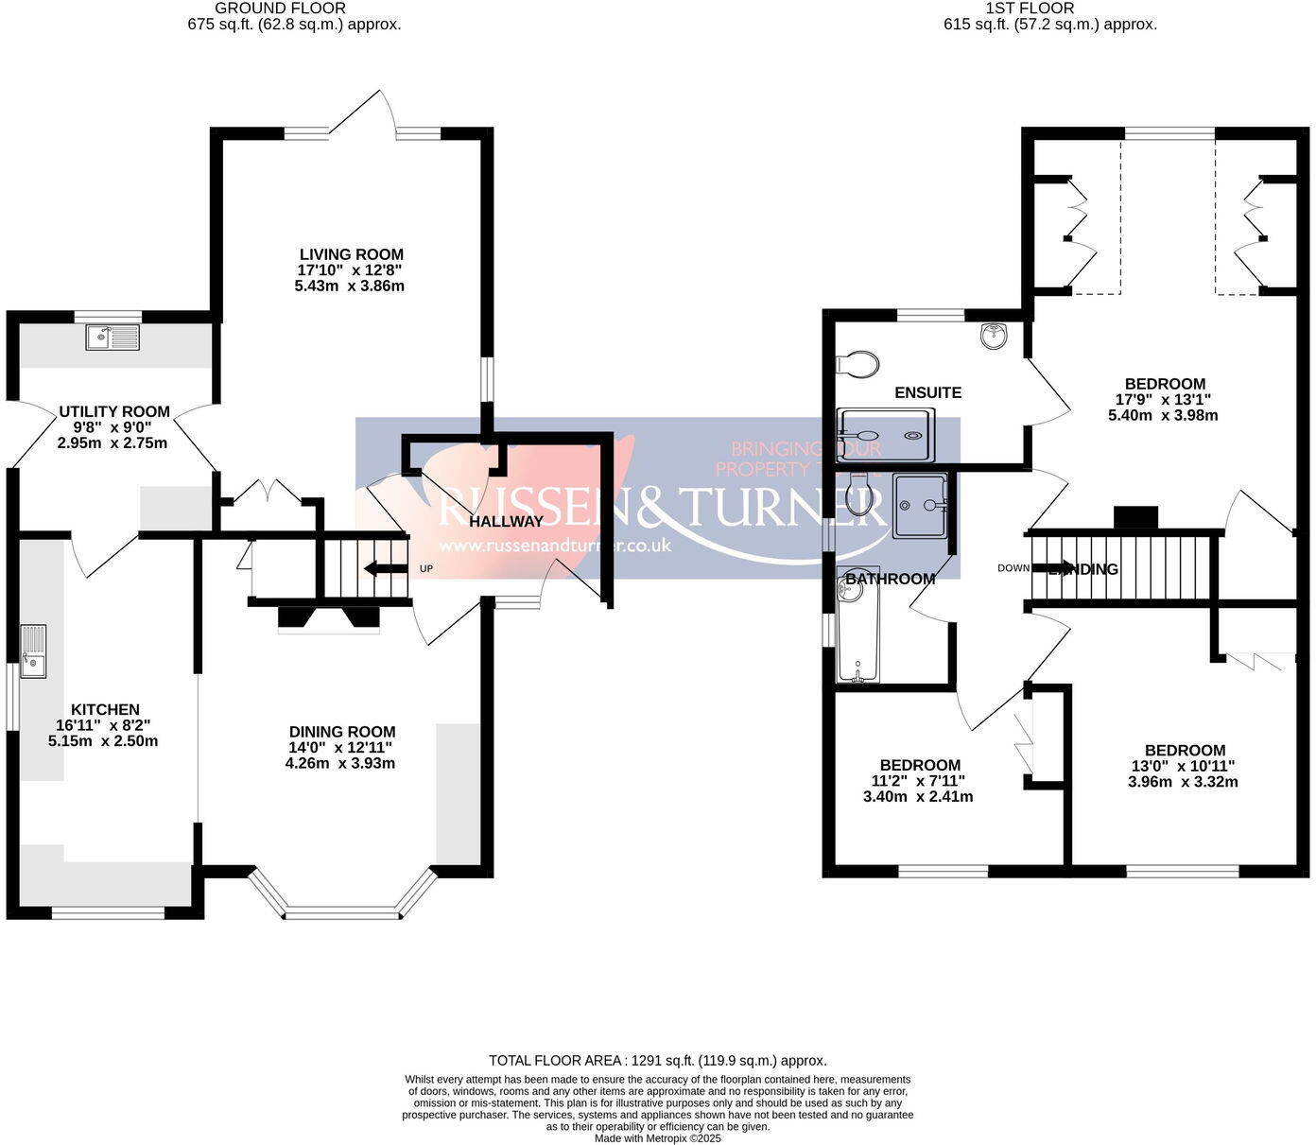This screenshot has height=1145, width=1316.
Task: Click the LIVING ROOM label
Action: click(x=351, y=254)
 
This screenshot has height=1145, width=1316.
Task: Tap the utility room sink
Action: click(x=112, y=338)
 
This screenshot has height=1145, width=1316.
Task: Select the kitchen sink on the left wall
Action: click(x=33, y=651)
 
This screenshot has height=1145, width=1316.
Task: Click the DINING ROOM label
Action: click(x=341, y=732)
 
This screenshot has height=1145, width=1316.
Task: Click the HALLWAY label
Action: click(x=506, y=521)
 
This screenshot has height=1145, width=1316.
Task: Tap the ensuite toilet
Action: click(x=857, y=363)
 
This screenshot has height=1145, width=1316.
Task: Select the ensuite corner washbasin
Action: click(x=994, y=335)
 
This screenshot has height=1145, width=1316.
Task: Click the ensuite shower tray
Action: click(x=885, y=435)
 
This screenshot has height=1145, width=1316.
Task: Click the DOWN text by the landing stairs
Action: click(x=1013, y=568)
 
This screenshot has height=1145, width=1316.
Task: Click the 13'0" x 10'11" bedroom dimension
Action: click(x=1184, y=766)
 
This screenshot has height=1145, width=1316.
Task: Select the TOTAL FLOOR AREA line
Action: click(x=657, y=1061)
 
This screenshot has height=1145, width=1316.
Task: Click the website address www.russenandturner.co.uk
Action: click(x=554, y=546)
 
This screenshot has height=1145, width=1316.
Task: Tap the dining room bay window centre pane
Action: click(x=342, y=913)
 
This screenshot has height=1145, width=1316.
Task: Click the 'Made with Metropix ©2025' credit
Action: click(x=657, y=1138)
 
